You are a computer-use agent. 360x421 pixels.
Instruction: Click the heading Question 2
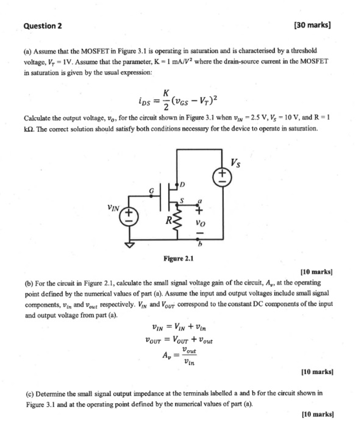43,26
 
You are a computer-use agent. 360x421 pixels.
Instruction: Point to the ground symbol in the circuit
129,245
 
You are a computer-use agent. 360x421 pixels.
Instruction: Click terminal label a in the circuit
199,201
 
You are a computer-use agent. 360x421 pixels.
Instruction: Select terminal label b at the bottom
200,244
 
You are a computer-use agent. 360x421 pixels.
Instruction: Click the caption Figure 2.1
178,258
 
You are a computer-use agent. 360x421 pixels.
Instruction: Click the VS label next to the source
236,163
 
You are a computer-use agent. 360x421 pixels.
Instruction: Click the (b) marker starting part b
29,283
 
